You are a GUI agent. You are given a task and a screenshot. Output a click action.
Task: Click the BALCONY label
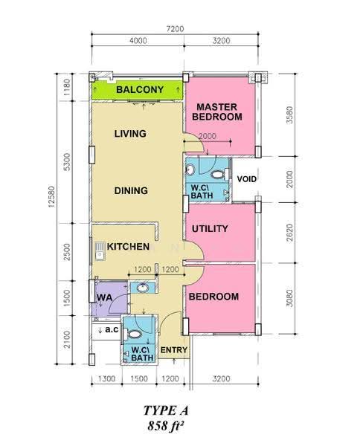(140, 90)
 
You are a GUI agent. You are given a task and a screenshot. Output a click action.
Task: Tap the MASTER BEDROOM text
(217, 111)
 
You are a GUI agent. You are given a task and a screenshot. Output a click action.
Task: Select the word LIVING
(130, 134)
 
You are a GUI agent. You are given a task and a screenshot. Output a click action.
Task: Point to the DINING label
(131, 190)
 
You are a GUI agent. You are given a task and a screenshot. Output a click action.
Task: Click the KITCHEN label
(128, 247)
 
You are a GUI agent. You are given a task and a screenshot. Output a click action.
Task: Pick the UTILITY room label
(210, 229)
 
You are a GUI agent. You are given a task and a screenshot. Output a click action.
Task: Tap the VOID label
(247, 179)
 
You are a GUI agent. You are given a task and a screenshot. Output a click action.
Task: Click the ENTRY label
(174, 350)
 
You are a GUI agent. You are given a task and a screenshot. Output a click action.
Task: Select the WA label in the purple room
(104, 298)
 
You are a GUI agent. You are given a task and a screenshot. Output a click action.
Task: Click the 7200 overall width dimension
(175, 29)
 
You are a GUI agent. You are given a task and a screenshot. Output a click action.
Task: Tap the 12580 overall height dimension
(51, 196)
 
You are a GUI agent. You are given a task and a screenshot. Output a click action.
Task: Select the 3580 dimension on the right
(289, 115)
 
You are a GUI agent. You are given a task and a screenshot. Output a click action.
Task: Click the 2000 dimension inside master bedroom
(208, 136)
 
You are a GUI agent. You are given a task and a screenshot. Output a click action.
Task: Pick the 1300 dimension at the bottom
(106, 378)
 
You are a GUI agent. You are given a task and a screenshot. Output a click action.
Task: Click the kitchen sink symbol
(100, 251)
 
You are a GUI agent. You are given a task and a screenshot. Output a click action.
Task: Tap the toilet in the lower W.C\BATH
(133, 334)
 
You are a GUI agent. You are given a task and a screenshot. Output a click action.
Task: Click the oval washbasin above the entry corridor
(143, 288)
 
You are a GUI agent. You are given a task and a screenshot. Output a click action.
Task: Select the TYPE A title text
(166, 410)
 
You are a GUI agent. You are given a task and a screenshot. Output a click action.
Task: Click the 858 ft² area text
(165, 426)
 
